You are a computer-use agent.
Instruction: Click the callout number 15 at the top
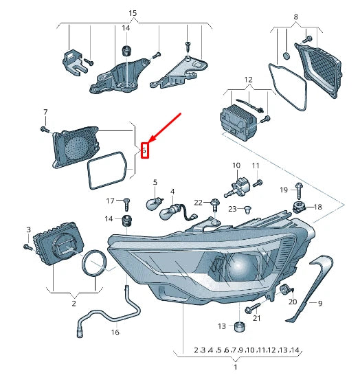133,13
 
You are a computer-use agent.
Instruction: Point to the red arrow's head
148,142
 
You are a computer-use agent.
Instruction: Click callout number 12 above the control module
248,80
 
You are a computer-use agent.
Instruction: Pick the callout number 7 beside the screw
45,112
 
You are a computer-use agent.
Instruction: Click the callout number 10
236,166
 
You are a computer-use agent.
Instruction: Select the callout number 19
284,189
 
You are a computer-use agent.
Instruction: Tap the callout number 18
317,207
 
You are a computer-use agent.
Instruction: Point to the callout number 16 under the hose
115,332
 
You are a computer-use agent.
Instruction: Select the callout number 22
198,202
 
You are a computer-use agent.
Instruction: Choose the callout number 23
232,209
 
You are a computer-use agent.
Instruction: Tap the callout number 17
109,201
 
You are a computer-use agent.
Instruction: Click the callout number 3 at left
28,229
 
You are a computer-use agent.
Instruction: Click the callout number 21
257,317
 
